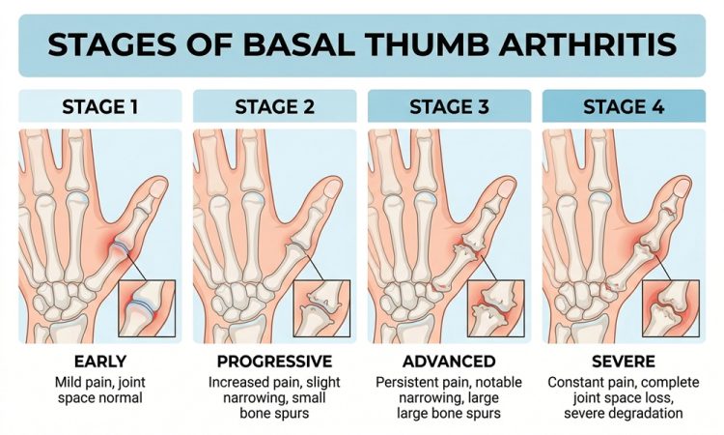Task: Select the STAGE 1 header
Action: point(99,106)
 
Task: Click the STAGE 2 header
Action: point(274,106)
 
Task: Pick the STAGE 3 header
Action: point(449,106)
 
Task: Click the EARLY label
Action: point(99,362)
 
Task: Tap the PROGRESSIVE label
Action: point(274,362)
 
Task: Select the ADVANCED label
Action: point(449,362)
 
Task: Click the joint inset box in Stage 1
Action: point(147,307)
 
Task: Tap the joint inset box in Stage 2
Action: point(321,307)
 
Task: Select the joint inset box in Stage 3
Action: point(496,307)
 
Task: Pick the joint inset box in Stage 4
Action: point(671,307)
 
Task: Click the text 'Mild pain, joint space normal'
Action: point(99,391)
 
